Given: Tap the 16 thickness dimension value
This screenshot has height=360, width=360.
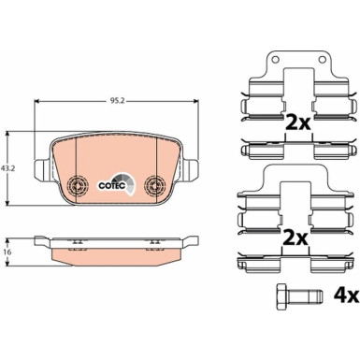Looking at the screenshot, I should click(9, 252).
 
